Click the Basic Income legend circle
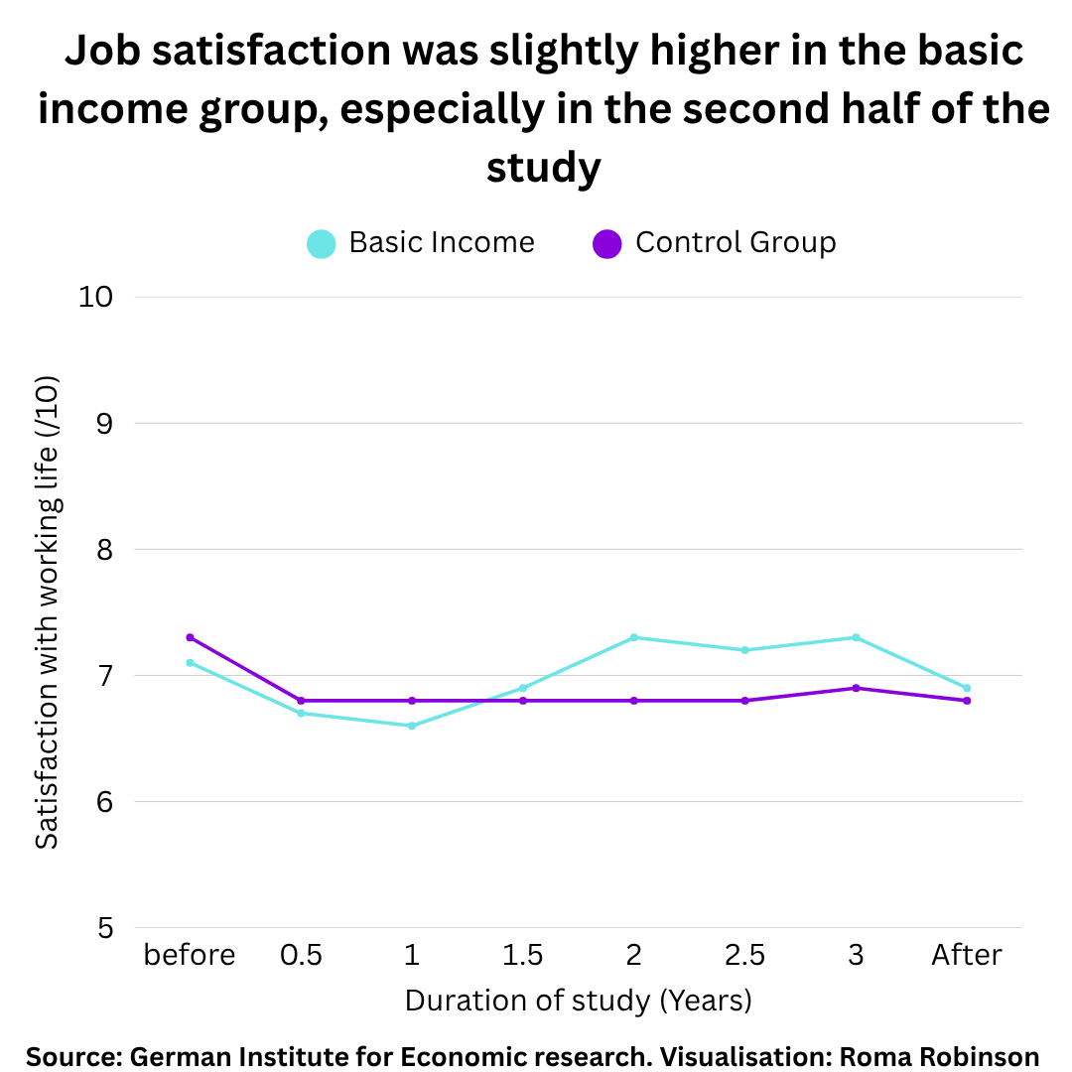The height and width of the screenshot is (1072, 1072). (321, 243)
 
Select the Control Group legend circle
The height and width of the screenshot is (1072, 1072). (606, 243)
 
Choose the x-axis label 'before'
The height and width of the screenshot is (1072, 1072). (190, 955)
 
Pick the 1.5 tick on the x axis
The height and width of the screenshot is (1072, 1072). (523, 955)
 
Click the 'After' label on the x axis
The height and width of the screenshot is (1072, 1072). (967, 955)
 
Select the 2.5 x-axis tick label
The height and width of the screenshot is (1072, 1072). (744, 955)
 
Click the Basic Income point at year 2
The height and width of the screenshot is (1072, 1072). (634, 637)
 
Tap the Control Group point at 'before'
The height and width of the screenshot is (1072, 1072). (190, 637)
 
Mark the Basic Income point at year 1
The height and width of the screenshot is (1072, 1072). (412, 726)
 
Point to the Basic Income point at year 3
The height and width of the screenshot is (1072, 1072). (856, 637)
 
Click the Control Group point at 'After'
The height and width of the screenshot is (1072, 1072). (967, 701)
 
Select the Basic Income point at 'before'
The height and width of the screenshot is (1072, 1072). (190, 662)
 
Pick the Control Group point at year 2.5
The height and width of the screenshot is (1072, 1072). (744, 701)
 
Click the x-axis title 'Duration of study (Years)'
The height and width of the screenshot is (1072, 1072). (578, 1000)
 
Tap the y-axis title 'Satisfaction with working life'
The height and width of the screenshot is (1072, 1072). (47, 611)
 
